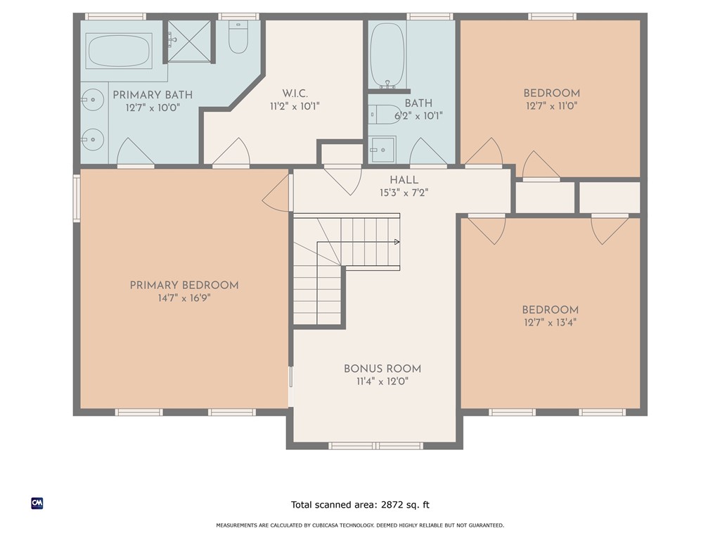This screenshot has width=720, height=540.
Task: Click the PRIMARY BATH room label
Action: [x=153, y=95]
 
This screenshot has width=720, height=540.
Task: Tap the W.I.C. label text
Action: [x=292, y=93]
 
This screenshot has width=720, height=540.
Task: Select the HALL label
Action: [x=404, y=180]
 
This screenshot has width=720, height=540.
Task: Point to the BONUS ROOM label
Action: [x=382, y=368]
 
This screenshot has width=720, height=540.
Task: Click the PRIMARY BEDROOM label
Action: [x=184, y=285]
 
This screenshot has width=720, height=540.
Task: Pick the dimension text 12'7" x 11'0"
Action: [x=551, y=106]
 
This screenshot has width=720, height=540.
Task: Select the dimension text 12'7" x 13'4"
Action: [x=550, y=323]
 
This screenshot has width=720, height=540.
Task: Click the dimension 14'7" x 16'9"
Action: [x=184, y=298]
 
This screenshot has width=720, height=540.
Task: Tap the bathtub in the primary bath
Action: [x=118, y=50]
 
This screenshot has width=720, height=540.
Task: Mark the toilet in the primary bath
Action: [x=239, y=39]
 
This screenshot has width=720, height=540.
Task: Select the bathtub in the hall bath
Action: [x=386, y=55]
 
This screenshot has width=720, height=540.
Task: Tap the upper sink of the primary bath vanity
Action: [x=90, y=101]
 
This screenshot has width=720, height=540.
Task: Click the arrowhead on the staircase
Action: [x=397, y=242]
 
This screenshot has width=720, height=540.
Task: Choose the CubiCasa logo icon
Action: [x=37, y=503]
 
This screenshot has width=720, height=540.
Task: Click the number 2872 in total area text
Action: [x=395, y=505]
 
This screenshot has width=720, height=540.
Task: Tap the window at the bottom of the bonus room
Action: [x=375, y=445]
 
